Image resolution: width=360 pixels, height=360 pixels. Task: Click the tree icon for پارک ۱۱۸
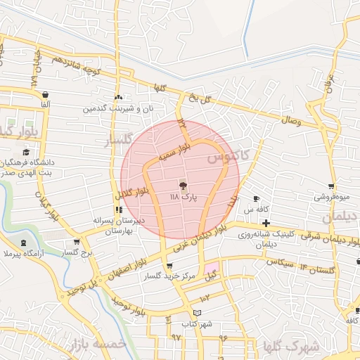183,186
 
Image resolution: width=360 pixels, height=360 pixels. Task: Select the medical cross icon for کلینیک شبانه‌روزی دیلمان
266,223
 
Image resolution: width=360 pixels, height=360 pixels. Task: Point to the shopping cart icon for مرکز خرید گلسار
169,266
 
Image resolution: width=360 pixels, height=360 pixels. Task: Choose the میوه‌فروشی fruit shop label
330,198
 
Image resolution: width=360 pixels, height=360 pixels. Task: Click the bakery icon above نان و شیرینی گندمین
118,98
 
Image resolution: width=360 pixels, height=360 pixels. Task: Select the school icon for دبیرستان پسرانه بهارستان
118,210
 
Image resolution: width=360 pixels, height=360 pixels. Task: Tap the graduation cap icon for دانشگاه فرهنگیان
26,153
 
